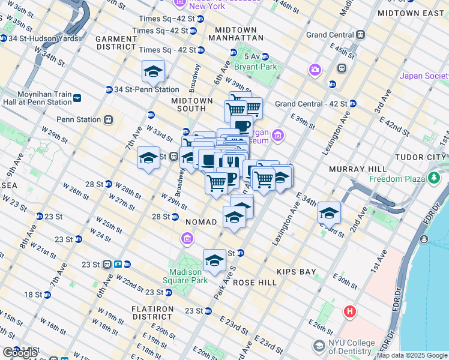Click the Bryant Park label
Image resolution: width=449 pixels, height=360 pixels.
click(256, 67)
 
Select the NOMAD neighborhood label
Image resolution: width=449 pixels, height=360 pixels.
click(201, 222)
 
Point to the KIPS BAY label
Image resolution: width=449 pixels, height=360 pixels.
click(296, 272)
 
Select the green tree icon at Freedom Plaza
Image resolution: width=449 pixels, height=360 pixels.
click(434, 178)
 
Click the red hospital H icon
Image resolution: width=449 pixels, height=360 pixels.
click(350, 312)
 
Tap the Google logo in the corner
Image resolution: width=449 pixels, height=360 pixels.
click(20, 353)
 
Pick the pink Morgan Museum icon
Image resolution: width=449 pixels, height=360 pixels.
click(277, 136)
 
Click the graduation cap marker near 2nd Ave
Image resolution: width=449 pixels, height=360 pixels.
click(329, 214)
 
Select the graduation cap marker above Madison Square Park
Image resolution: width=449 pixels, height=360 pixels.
click(214, 260)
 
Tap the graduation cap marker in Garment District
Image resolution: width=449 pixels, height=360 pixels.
click(153, 71)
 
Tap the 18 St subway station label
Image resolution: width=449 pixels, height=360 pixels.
click(33, 295)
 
